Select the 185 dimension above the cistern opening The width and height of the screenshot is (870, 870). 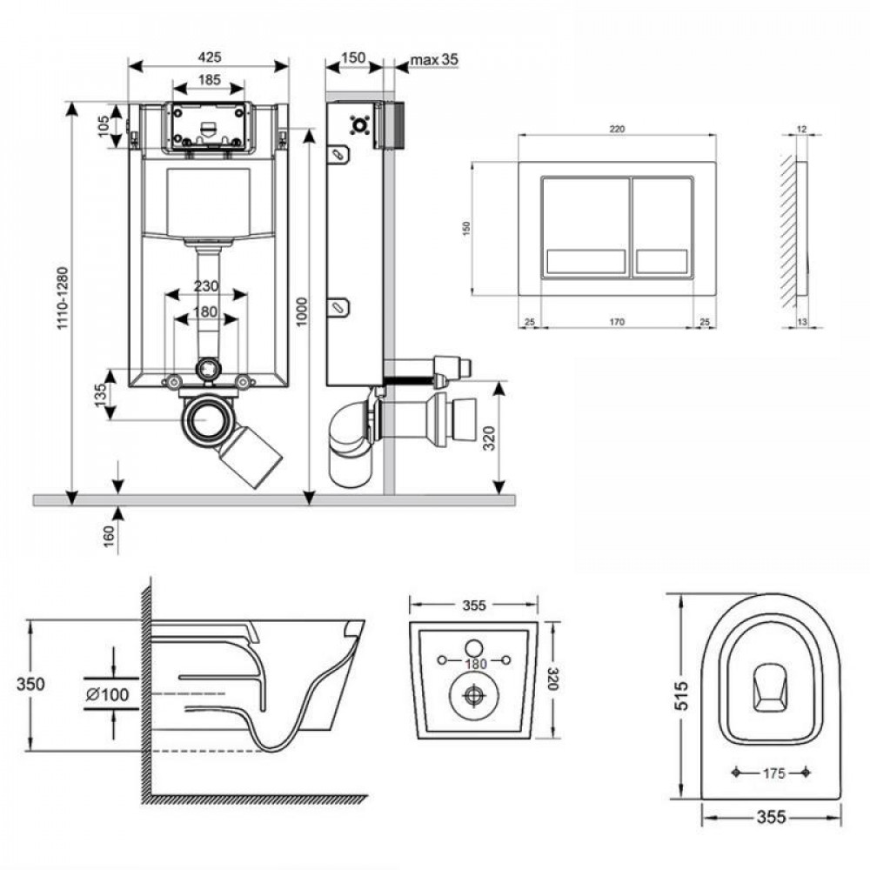point(209,79)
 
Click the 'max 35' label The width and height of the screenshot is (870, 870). point(433,59)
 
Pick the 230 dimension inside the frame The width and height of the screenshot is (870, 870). point(205,286)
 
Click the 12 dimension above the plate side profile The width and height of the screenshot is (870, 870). point(801,129)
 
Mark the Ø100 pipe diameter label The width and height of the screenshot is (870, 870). point(109,693)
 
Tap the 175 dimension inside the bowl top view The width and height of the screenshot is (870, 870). point(773,771)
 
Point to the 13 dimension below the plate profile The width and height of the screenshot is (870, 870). point(801,323)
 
